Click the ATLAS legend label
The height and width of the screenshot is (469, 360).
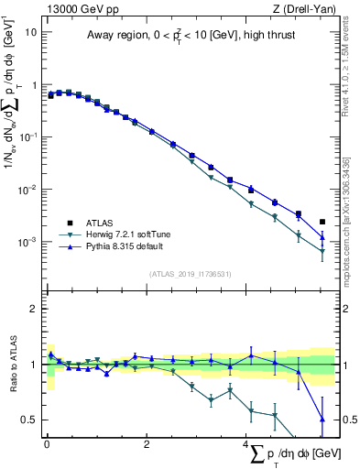click(100, 223)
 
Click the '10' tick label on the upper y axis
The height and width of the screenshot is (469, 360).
click(31, 31)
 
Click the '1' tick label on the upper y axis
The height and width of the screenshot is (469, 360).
click(34, 84)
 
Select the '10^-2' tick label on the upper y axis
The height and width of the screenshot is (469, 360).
click(28, 190)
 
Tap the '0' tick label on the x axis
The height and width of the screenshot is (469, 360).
click(47, 444)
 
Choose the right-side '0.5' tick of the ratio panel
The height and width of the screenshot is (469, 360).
click(348, 420)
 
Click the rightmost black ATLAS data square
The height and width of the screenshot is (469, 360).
click(322, 222)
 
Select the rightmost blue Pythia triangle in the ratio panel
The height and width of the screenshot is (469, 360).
click(322, 420)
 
